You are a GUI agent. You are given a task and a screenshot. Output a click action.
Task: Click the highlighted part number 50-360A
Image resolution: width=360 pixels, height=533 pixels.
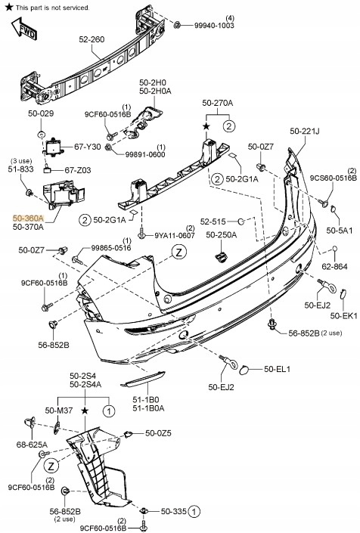click(28, 216)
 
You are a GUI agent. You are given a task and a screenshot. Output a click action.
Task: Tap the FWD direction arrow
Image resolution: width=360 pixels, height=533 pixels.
click(23, 30)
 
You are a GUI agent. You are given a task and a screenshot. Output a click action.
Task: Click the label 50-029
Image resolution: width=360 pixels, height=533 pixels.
click(42, 113)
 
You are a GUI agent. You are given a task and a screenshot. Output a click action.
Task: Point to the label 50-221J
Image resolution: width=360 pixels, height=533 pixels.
click(304, 132)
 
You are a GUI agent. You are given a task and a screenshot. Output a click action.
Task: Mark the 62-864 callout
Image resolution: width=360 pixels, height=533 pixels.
click(334, 267)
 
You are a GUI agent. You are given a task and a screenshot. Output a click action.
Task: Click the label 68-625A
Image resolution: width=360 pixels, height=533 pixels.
click(31, 445)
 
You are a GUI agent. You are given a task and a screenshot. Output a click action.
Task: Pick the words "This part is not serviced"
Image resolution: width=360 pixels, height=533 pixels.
click(52, 7)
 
